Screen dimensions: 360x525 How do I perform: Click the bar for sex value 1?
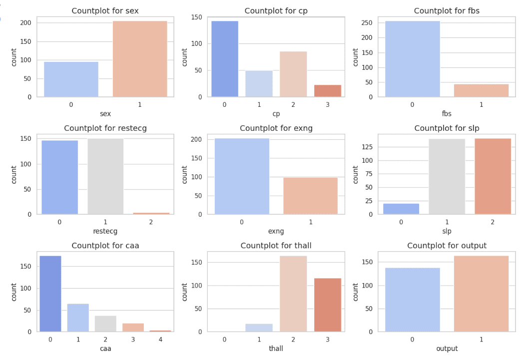(140, 59)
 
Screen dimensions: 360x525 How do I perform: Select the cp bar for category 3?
(328, 91)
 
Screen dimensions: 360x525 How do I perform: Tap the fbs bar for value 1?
(481, 90)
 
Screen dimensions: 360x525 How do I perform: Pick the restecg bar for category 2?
(151, 213)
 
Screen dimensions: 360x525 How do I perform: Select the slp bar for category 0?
(401, 209)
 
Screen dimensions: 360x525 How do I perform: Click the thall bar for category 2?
(293, 294)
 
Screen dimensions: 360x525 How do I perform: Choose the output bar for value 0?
(413, 300)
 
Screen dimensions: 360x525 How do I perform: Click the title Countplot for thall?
(276, 246)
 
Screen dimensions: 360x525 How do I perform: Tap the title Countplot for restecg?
(105, 128)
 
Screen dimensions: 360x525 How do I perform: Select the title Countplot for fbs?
(447, 11)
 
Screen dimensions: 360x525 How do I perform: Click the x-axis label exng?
(276, 231)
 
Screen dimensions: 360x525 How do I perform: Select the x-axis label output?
(447, 349)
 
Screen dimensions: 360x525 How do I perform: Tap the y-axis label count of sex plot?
(14, 56)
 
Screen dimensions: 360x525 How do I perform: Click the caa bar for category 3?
(133, 327)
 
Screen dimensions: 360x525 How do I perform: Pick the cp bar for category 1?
(259, 83)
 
